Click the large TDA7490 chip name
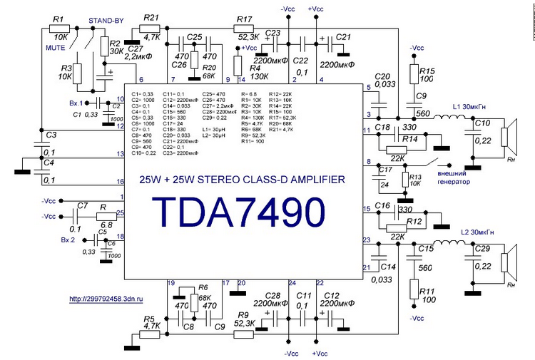[x=239, y=210]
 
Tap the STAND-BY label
[x=101, y=21]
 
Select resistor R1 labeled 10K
[x=60, y=29]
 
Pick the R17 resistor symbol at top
[x=243, y=29]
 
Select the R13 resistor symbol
[x=405, y=178]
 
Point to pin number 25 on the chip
[x=121, y=212]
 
